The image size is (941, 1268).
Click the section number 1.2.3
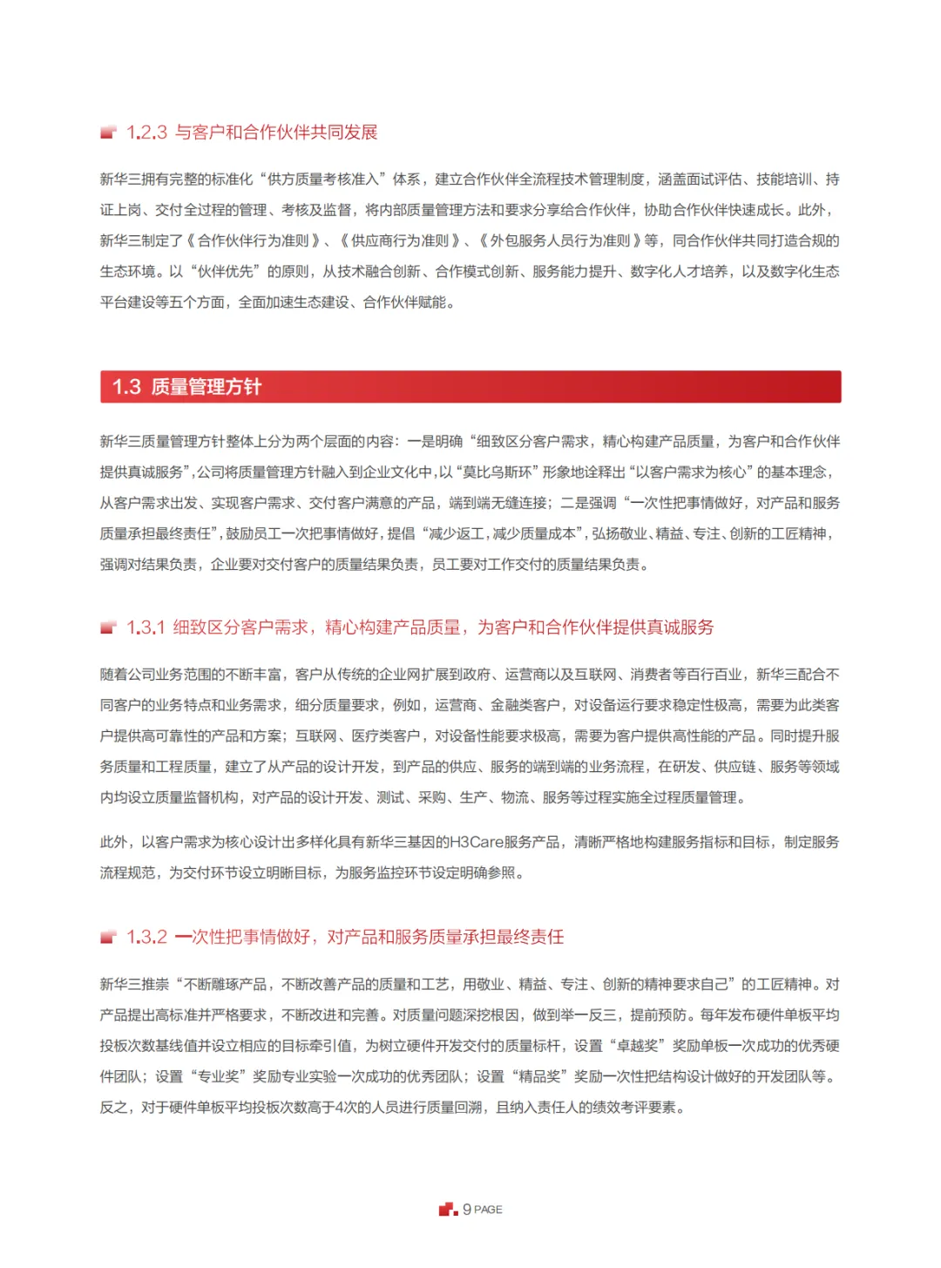tap(146, 132)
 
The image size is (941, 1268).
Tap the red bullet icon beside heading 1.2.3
tap(108, 132)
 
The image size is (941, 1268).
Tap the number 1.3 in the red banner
tap(126, 387)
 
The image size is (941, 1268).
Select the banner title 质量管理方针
tap(206, 387)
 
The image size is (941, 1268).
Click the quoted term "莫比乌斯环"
tap(498, 472)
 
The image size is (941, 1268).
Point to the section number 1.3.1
tap(146, 627)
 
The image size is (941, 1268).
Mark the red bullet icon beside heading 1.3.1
tap(108, 627)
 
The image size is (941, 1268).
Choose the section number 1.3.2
tap(146, 937)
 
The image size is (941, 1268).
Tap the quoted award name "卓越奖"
tap(637, 1046)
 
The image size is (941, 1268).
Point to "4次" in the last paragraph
tap(347, 1108)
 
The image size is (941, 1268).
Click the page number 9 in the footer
tap(467, 1210)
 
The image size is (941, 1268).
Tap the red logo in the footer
tap(448, 1210)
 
